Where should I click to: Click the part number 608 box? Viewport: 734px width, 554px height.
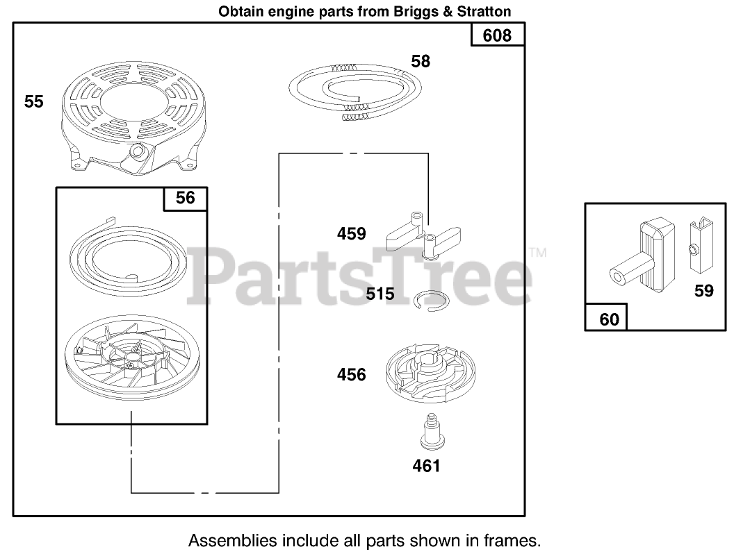click(497, 35)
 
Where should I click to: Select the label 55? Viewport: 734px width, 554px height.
click(34, 102)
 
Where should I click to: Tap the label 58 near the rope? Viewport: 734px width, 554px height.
click(421, 61)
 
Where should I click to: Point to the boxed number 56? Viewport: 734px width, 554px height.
click(185, 199)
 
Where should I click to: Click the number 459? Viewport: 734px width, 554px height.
click(351, 234)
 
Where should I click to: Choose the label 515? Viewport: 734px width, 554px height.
click(380, 294)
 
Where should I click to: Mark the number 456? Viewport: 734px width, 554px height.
click(351, 375)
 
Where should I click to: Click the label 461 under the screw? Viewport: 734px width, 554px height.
click(426, 466)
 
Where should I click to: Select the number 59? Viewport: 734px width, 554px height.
click(703, 291)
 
